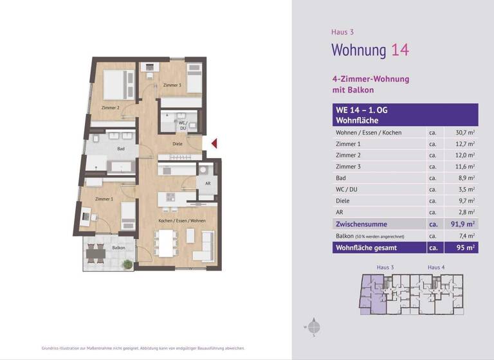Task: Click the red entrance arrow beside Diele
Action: (x=215, y=143)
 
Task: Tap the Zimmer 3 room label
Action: (x=172, y=85)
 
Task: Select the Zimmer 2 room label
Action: (x=110, y=108)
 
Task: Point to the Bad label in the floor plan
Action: (x=120, y=148)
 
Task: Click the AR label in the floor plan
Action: (x=207, y=183)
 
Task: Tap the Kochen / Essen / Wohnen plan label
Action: (x=182, y=221)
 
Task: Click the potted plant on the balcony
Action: (x=128, y=264)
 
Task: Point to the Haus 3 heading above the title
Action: (x=342, y=32)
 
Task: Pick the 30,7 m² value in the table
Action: (x=464, y=132)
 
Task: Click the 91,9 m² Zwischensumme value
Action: (x=462, y=224)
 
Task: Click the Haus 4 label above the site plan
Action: (x=437, y=267)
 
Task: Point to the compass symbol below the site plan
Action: (x=314, y=326)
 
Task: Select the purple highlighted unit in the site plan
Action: (x=372, y=293)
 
